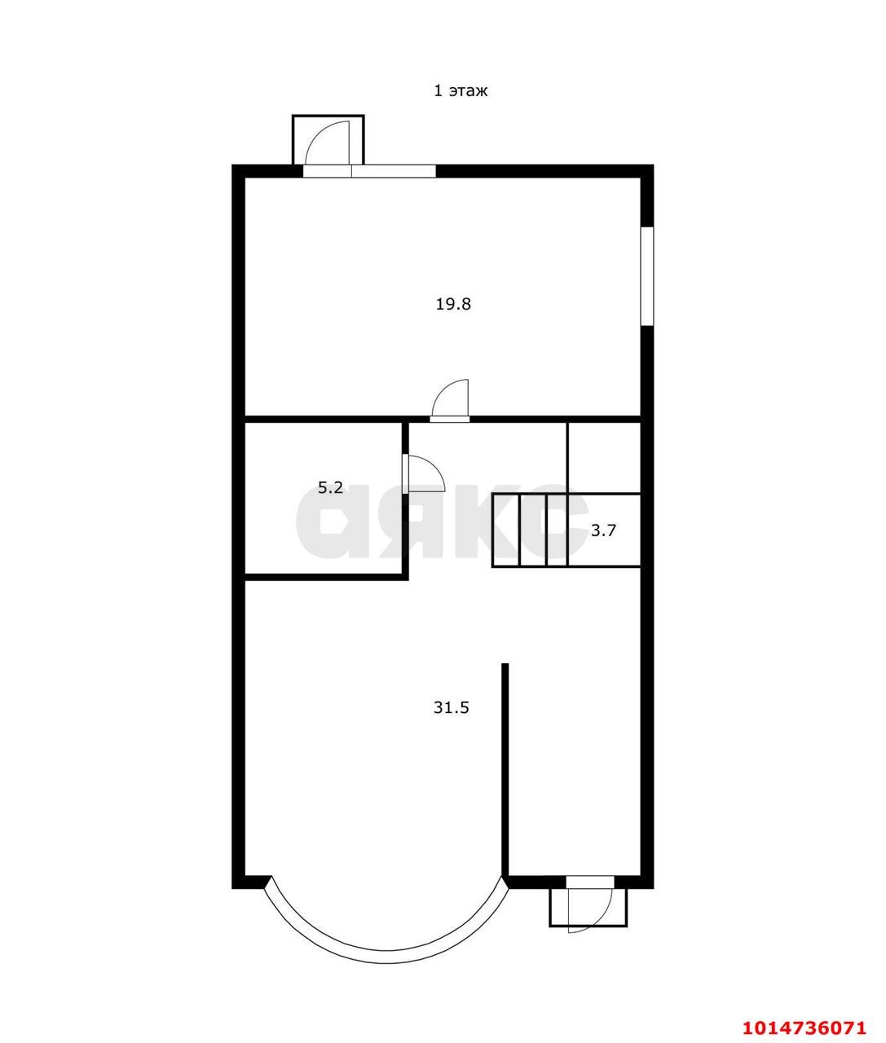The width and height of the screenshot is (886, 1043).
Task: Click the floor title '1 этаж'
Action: tap(461, 90)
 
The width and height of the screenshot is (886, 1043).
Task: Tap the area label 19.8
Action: tap(453, 304)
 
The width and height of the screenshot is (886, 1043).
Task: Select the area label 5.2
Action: tap(330, 487)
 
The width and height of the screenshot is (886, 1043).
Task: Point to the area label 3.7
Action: tap(603, 530)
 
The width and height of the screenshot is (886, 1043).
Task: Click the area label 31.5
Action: tap(452, 707)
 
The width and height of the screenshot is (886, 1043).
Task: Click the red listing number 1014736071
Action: tap(804, 1023)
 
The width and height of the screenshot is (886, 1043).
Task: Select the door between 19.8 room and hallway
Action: tap(450, 399)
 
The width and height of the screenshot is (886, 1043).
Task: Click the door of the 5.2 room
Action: tap(424, 473)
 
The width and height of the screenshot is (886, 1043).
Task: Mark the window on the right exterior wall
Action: tap(647, 276)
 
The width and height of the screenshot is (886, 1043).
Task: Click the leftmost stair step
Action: tap(506, 530)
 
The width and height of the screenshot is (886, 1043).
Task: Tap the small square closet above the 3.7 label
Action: tap(604, 457)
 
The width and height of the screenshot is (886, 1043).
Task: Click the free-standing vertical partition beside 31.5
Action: tap(505, 779)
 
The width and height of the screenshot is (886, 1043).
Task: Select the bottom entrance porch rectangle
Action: tap(588, 907)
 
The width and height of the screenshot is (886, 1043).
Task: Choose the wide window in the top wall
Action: tap(369, 171)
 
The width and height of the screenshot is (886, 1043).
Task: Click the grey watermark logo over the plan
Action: tap(442, 521)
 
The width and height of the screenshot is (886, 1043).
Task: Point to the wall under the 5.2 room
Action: tap(326, 577)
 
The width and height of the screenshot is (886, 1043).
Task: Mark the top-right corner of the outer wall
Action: tap(653, 165)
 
